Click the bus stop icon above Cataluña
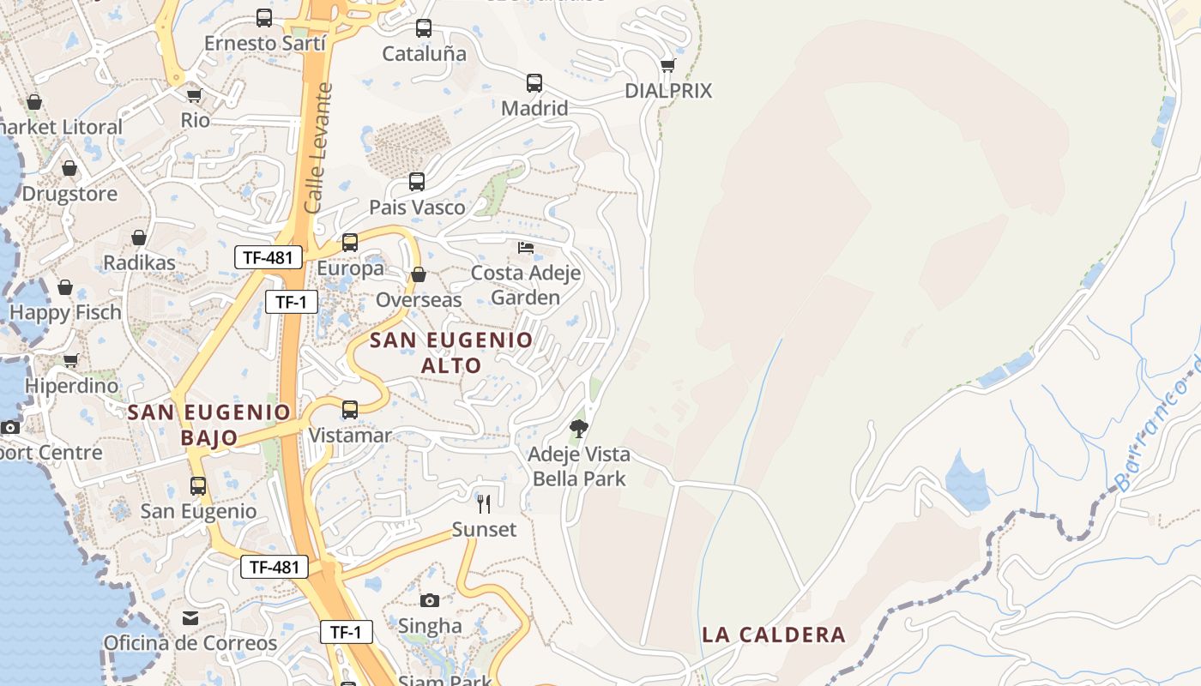point(424,28)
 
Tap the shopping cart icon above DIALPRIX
point(668,65)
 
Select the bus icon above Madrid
point(534,83)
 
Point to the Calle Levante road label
point(317,148)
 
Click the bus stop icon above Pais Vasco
point(417,182)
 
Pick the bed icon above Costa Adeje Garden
point(526,248)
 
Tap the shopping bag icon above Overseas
point(419,275)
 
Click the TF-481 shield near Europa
point(269,256)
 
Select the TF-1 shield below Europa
point(291,302)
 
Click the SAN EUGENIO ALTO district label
point(451,352)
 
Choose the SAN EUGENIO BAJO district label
point(209,424)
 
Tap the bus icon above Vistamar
point(350,410)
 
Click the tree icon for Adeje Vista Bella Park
point(579,428)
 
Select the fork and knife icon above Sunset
point(484,503)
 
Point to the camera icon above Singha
point(430,600)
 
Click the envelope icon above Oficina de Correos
point(190,617)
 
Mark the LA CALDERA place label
point(774,635)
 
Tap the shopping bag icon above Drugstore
point(69,168)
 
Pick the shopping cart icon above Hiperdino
point(71,360)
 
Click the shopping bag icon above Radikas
point(139,238)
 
